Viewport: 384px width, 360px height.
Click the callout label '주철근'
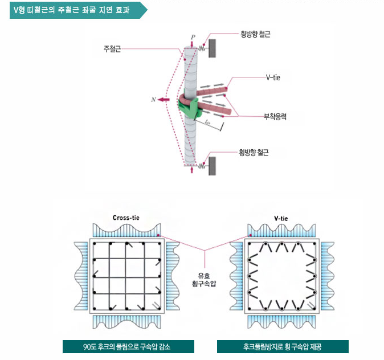pyautogui.click(x=112, y=48)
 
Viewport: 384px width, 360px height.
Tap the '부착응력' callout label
pyautogui.click(x=275, y=116)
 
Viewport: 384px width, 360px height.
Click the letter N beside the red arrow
pyautogui.click(x=153, y=100)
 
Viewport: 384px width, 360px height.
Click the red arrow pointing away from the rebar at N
pyautogui.click(x=166, y=100)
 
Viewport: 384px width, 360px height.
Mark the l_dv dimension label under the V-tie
pyautogui.click(x=207, y=121)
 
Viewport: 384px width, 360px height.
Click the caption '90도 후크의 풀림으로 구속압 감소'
pyautogui.click(x=128, y=346)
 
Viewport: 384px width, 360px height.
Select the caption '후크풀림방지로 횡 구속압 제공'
pyautogui.click(x=282, y=346)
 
